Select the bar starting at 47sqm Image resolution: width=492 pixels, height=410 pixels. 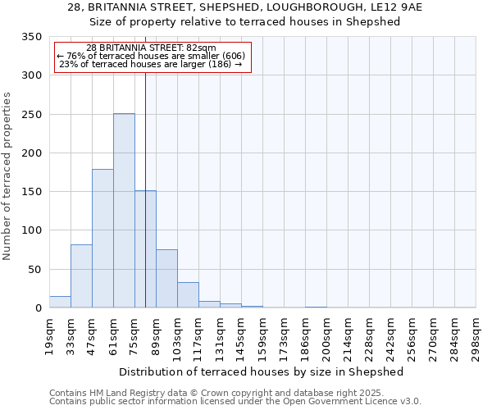click(102, 239)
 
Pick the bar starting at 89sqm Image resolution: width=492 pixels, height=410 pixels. click(166, 279)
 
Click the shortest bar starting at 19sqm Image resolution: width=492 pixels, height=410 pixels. click(60, 302)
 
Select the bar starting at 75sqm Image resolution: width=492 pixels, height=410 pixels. click(145, 249)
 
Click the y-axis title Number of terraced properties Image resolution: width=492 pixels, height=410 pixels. click(7, 176)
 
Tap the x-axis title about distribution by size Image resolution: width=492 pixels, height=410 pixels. click(262, 371)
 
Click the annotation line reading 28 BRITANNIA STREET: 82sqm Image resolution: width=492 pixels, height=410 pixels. click(151, 48)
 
